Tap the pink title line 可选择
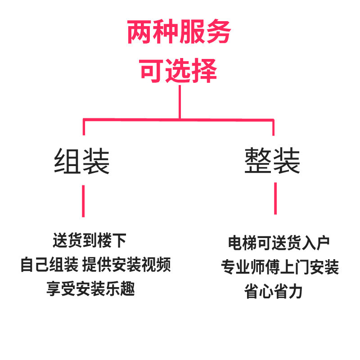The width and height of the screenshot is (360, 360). point(179,71)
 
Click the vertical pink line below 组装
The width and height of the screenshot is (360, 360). point(83,201)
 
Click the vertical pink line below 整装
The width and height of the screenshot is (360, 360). point(275,198)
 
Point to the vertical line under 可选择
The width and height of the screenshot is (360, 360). point(180,102)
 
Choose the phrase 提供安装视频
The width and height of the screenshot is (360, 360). point(127,265)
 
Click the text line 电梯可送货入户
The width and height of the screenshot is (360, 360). point(279,243)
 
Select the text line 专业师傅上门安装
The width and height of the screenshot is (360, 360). point(279,268)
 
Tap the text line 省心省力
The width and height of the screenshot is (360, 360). point(274,292)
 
